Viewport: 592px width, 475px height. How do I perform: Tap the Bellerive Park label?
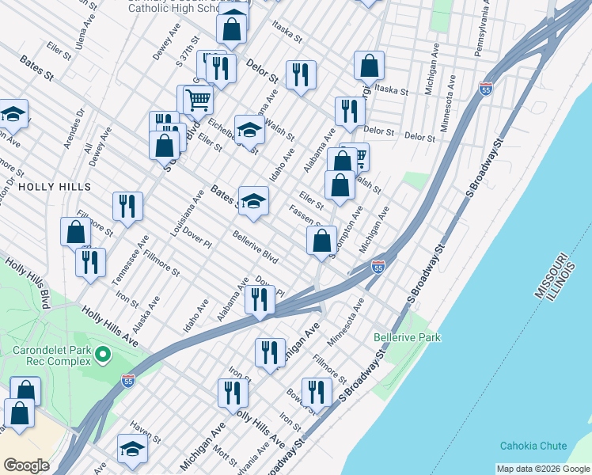click(x=408, y=338)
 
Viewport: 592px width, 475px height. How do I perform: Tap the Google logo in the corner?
click(x=26, y=465)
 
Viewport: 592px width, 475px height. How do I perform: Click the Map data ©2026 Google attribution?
click(x=543, y=469)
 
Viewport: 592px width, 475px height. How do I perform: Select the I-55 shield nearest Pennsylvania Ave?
click(x=486, y=88)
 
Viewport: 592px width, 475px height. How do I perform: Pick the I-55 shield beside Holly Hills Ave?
click(x=129, y=382)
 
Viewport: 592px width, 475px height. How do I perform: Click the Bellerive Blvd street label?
click(x=255, y=248)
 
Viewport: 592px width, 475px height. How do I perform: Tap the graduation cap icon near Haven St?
click(x=132, y=449)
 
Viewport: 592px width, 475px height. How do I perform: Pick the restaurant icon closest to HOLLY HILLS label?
click(x=127, y=206)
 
